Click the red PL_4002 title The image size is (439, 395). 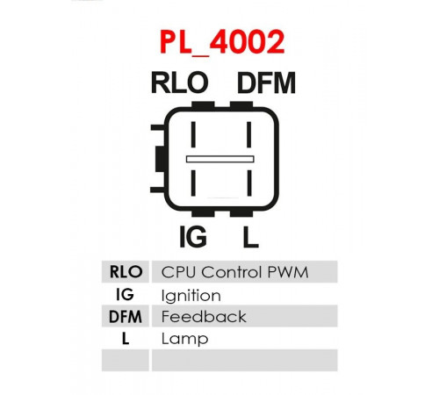(222, 42)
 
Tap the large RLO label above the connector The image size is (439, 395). (179, 83)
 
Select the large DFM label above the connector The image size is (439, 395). (266, 83)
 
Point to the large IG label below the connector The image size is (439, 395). (193, 236)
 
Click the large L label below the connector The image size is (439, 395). (250, 236)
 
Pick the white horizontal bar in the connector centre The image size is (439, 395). (220, 159)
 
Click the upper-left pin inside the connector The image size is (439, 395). (193, 134)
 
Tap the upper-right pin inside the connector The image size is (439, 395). (249, 134)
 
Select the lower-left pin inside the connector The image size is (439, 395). (193, 183)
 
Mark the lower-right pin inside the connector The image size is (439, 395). (249, 183)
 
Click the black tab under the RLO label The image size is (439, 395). (203, 104)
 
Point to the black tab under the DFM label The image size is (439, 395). (241, 104)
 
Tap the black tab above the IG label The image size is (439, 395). (203, 213)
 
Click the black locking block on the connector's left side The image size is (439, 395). (160, 159)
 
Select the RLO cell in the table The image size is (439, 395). (126, 272)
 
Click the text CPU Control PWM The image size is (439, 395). (234, 272)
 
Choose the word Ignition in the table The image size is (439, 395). (191, 296)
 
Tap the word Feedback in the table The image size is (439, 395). (204, 317)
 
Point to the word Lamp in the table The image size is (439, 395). (184, 340)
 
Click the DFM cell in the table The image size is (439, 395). (126, 317)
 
